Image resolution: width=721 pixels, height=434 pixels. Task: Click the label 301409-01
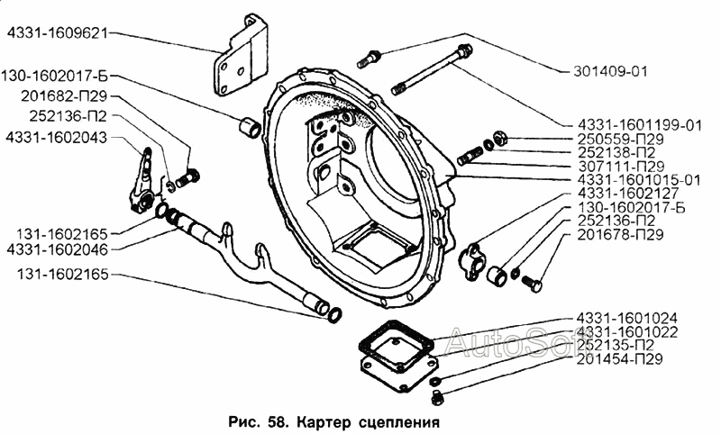click(611, 70)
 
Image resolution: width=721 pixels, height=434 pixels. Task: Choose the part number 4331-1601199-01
click(639, 125)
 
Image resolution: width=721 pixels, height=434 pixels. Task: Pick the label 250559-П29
click(616, 139)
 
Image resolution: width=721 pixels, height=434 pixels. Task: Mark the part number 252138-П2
click(613, 152)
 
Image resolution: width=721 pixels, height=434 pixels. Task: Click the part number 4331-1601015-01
click(639, 179)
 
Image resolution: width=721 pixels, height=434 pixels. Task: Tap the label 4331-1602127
click(621, 193)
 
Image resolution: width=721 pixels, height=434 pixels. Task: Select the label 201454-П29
click(616, 359)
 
